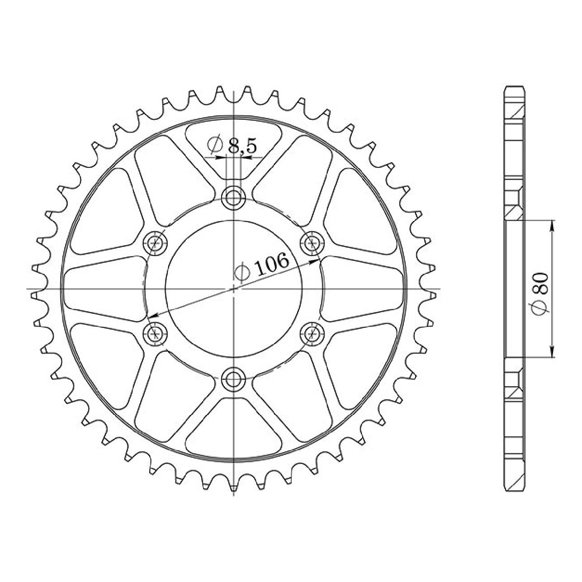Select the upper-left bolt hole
[x=156, y=242]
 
